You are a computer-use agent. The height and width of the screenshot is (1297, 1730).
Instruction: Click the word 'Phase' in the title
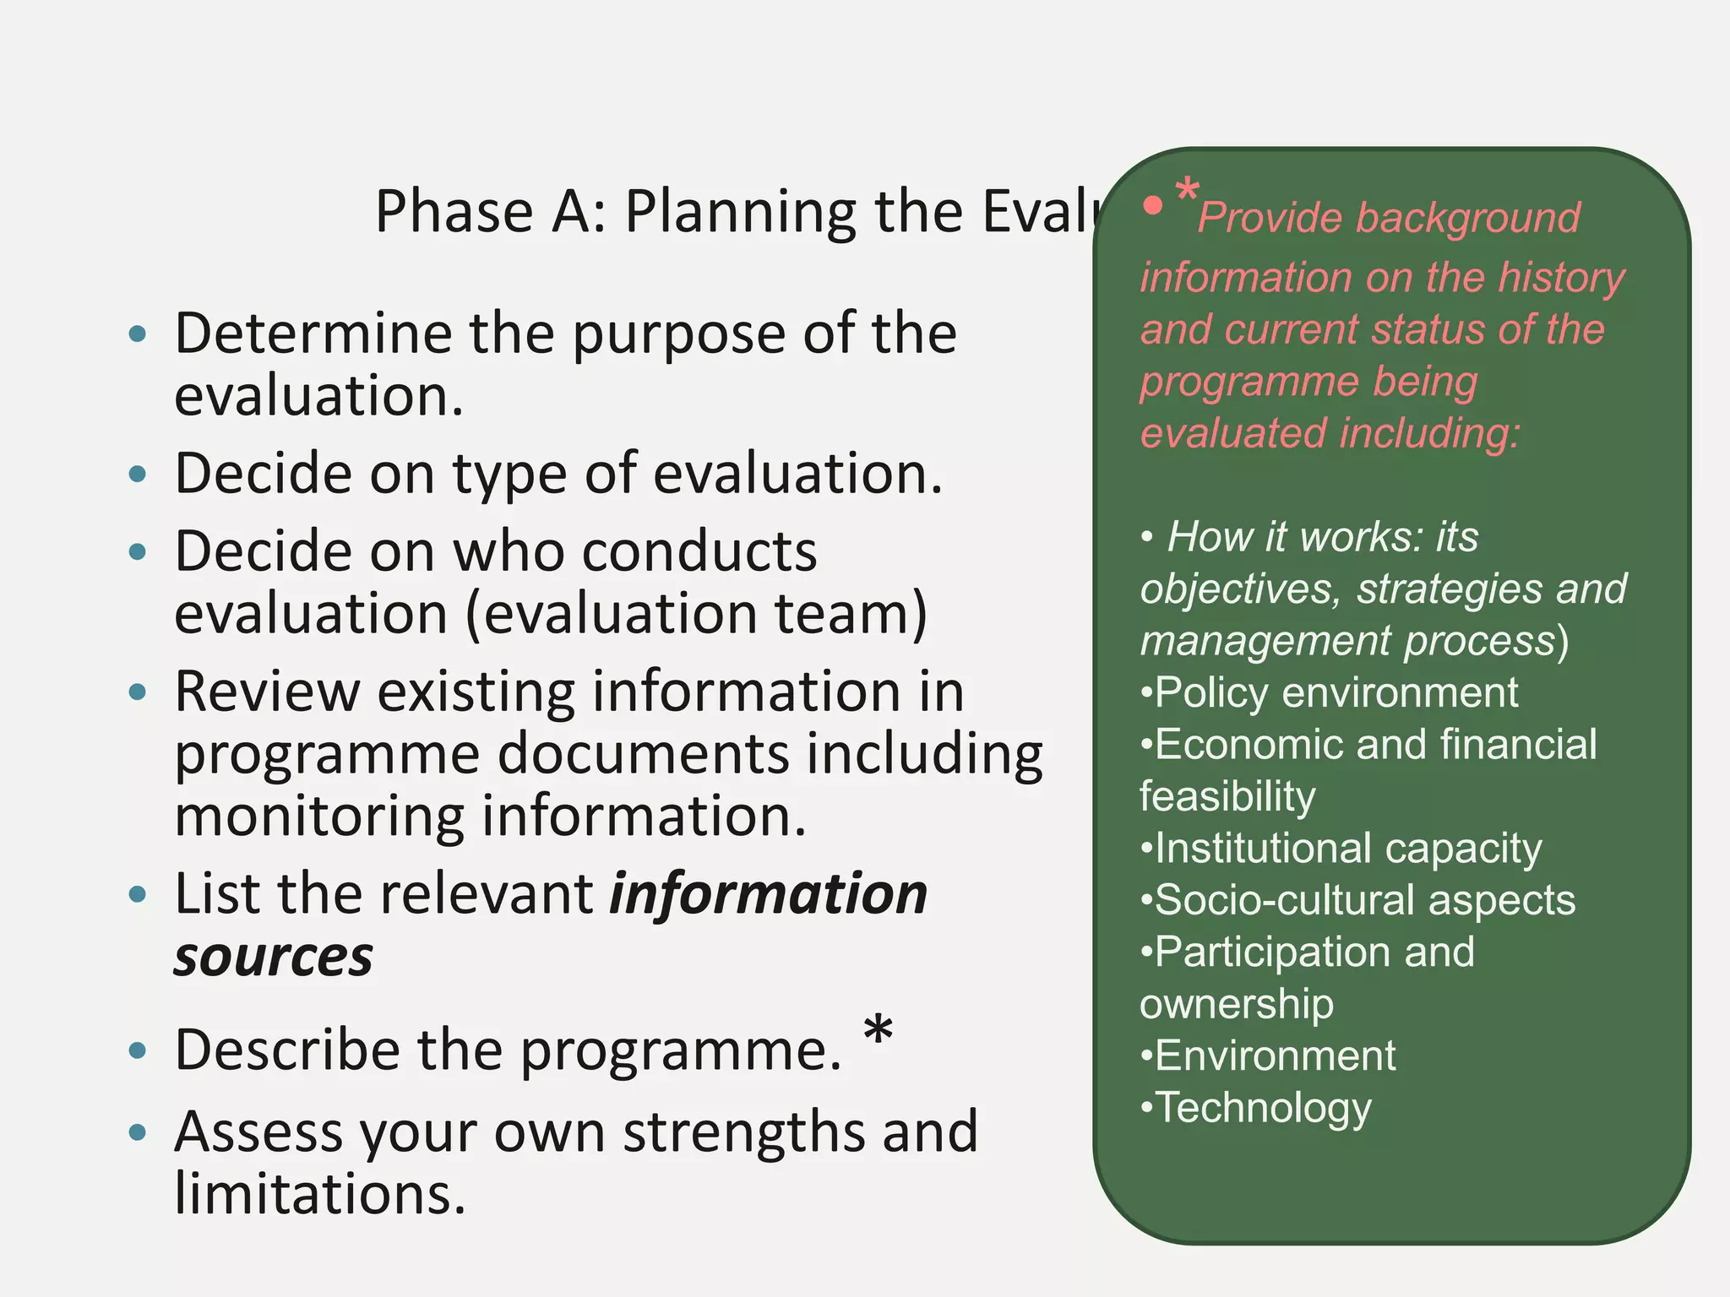tap(454, 211)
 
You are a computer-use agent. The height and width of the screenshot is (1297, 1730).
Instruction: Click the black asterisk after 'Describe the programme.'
tap(879, 1031)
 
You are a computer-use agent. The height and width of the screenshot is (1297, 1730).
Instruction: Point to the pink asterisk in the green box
tap(1187, 191)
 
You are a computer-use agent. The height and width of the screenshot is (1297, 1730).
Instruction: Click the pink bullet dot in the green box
tap(1152, 204)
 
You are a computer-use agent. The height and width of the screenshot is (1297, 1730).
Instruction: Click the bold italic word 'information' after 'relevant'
tap(769, 894)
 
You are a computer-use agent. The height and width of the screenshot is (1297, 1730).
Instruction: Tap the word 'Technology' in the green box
tap(1263, 1109)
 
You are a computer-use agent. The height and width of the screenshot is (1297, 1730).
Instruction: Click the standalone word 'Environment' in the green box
tap(1275, 1056)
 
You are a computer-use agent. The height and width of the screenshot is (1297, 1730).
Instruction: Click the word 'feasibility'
tap(1227, 797)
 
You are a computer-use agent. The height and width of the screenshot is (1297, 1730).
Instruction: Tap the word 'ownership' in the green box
tap(1237, 1005)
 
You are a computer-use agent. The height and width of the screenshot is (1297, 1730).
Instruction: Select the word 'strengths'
tap(744, 1132)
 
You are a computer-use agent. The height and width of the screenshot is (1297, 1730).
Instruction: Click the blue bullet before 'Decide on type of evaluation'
tap(138, 474)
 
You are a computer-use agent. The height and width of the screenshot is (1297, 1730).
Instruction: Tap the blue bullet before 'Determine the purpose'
tap(138, 334)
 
